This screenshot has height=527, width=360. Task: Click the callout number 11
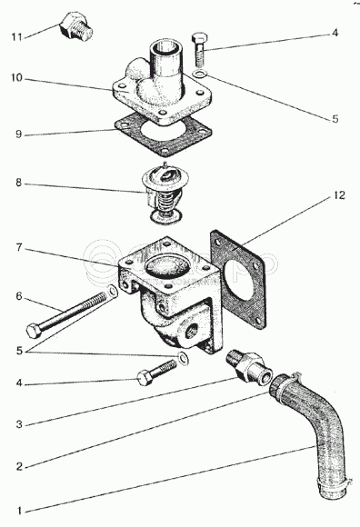[x=16, y=36]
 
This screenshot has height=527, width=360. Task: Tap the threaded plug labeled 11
[x=75, y=26]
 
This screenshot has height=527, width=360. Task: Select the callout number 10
[x=16, y=78]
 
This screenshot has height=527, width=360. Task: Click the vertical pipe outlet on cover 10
[x=167, y=62]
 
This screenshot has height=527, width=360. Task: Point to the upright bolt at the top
[x=199, y=49]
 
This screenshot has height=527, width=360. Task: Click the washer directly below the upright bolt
[x=199, y=74]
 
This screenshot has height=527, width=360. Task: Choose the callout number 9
[x=18, y=134]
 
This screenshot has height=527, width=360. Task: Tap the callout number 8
[x=18, y=183]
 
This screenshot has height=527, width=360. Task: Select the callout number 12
[x=339, y=195]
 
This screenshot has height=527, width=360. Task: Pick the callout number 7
[x=19, y=248]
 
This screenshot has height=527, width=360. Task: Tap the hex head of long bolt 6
[x=34, y=331]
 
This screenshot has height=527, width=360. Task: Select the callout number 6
[x=19, y=296]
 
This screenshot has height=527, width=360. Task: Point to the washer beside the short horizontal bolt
[x=183, y=358]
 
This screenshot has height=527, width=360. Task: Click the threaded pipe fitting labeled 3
[x=249, y=367]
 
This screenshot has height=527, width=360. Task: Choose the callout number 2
[x=19, y=466]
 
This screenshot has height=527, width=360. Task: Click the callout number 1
[x=19, y=511]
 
